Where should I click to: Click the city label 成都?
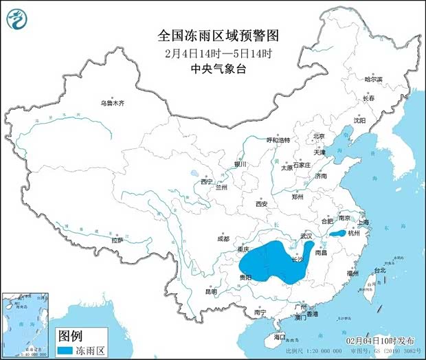tap(223, 239)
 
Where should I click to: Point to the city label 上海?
tap(363, 222)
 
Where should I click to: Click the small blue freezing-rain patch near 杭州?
tap(337, 234)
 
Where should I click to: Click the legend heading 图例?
tap(69, 336)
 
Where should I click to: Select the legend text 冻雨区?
tap(90, 350)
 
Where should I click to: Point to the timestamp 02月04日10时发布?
tap(380, 341)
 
